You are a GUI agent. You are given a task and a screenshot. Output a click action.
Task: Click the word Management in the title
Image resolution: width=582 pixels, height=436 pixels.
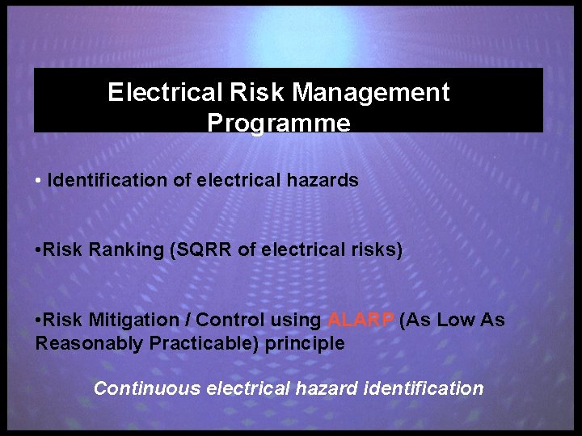(x=371, y=93)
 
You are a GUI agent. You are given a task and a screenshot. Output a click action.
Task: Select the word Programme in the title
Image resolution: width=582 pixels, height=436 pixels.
(x=279, y=123)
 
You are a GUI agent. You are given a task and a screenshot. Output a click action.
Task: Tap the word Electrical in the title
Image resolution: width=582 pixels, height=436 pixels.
(x=156, y=93)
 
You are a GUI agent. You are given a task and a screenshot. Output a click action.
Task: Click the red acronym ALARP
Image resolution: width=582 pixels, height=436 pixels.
(x=361, y=320)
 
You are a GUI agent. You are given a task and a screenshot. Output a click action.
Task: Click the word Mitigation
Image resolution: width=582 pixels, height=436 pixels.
(x=133, y=320)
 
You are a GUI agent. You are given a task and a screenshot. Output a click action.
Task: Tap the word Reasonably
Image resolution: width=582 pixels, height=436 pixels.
(x=90, y=343)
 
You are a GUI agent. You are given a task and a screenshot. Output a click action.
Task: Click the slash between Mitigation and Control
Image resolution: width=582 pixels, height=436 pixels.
(x=188, y=320)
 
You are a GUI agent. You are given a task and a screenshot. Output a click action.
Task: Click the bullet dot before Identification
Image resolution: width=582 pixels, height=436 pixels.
(x=39, y=181)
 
